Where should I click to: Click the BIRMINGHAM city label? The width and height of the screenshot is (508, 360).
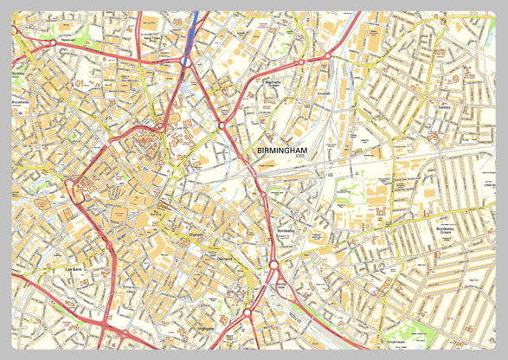[282, 151]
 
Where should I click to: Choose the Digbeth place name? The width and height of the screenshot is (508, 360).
[196, 233]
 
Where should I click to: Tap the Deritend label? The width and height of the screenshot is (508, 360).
[225, 258]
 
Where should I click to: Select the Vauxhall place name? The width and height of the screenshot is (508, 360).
[325, 93]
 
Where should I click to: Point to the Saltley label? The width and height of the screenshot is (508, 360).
[447, 109]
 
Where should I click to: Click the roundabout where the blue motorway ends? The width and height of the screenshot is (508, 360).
[186, 61]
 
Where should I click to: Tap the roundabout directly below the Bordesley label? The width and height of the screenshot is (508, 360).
[273, 265]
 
